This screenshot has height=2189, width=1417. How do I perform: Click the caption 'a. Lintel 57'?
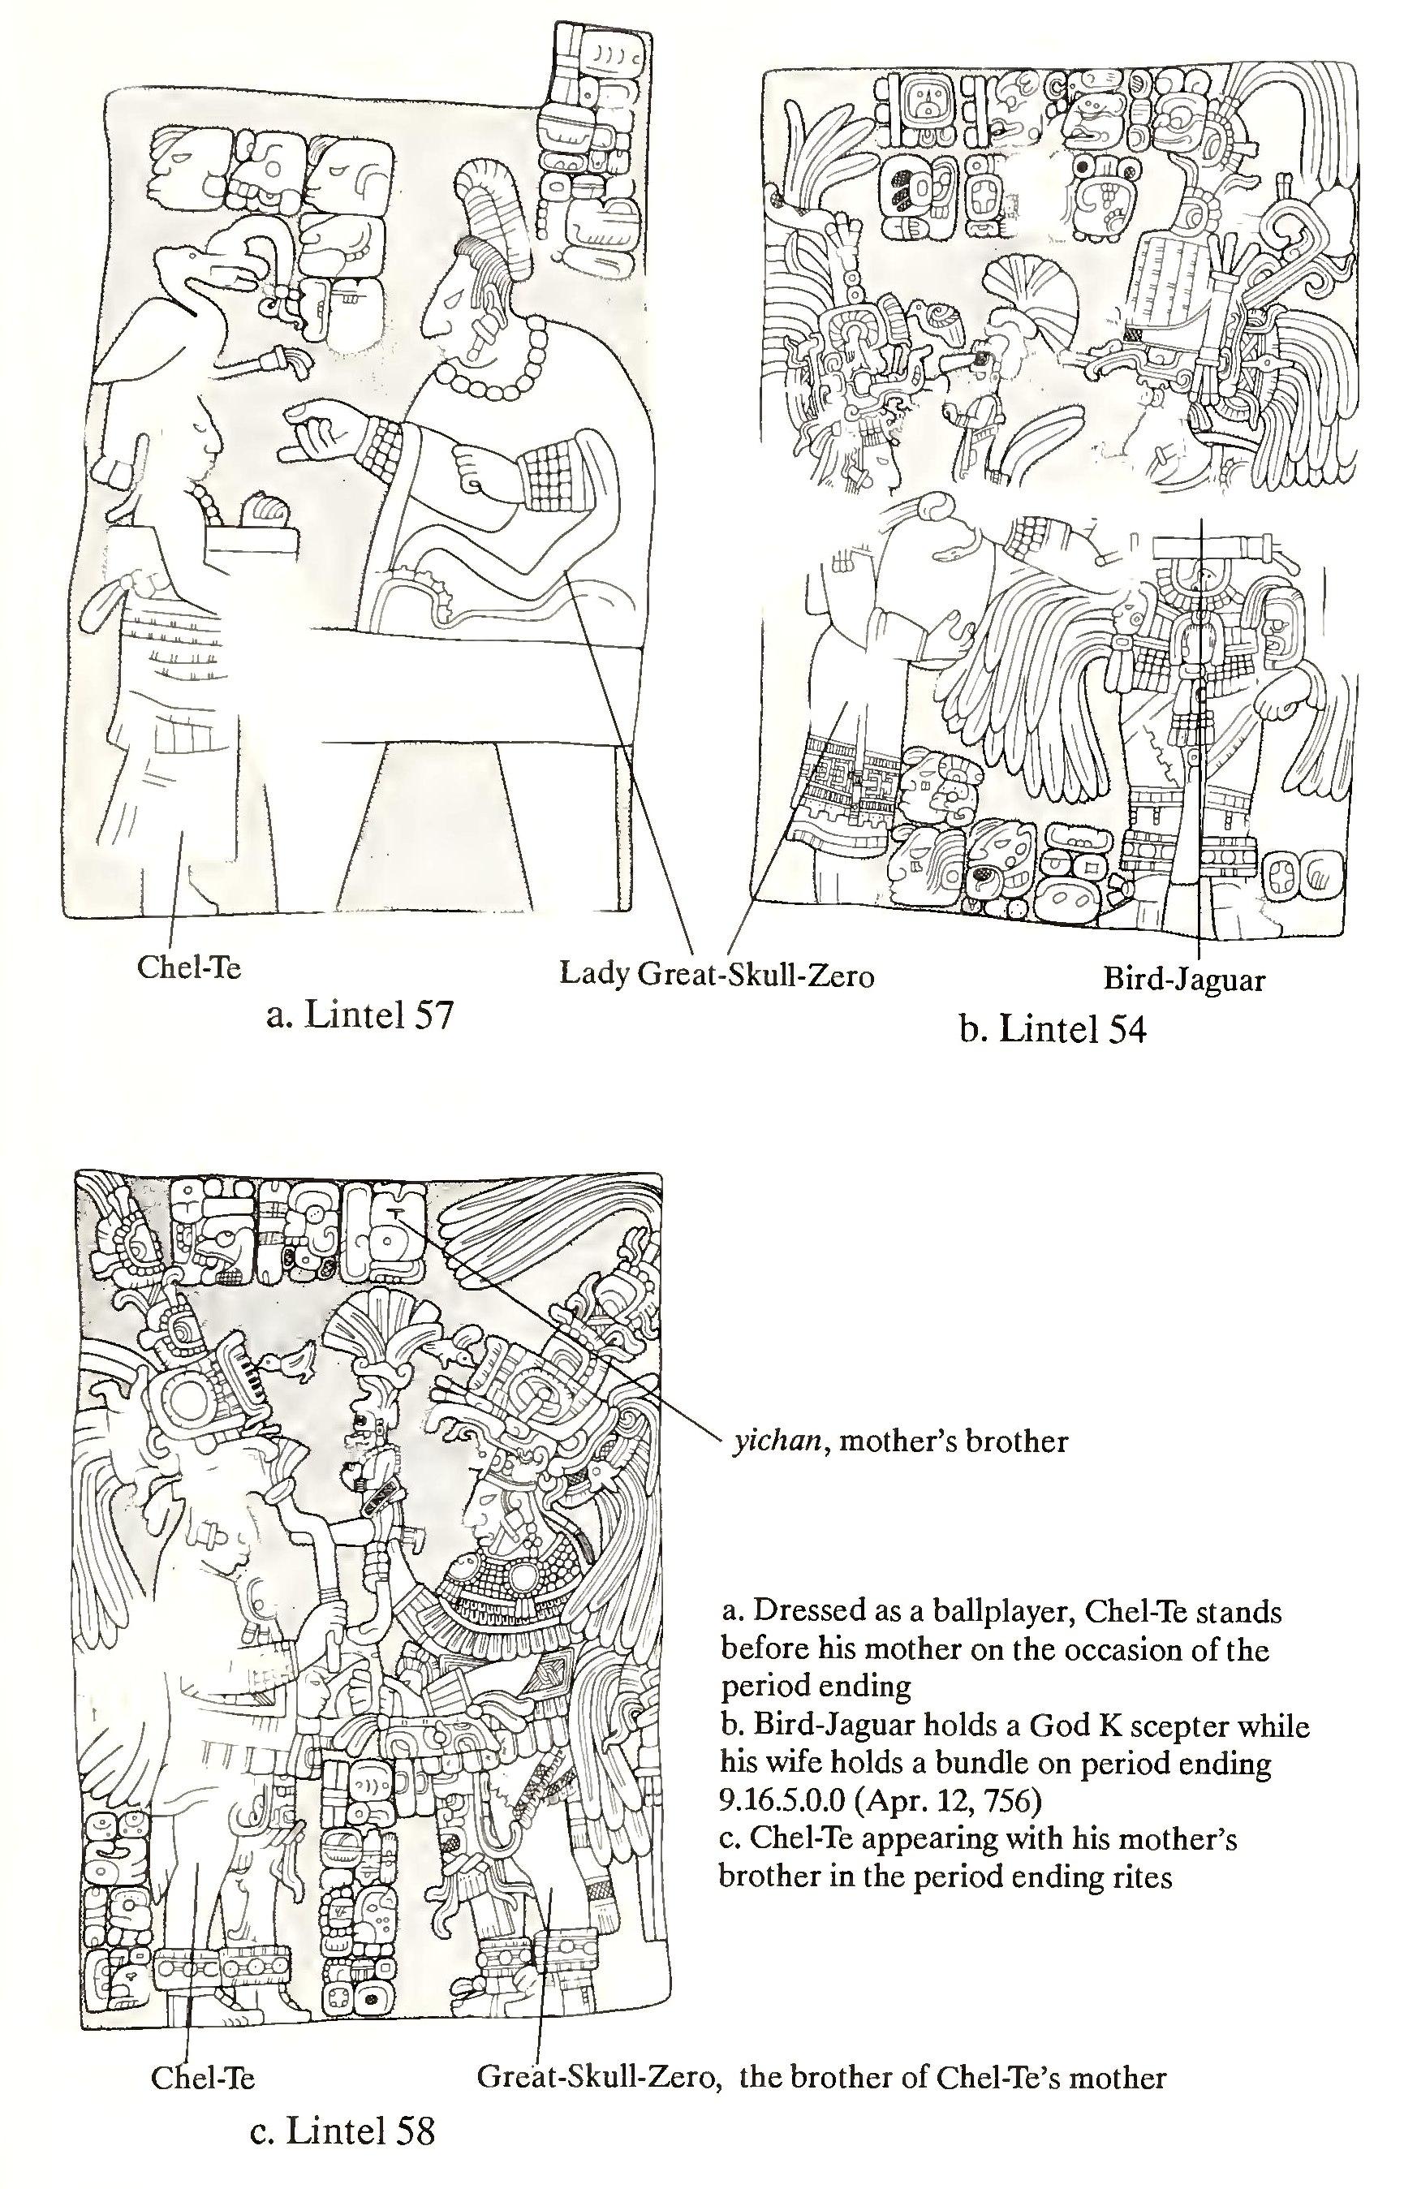[x=359, y=1018]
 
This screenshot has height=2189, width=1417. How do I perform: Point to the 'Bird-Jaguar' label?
[x=1184, y=979]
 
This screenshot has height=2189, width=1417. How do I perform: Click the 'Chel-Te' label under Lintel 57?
[x=188, y=967]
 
